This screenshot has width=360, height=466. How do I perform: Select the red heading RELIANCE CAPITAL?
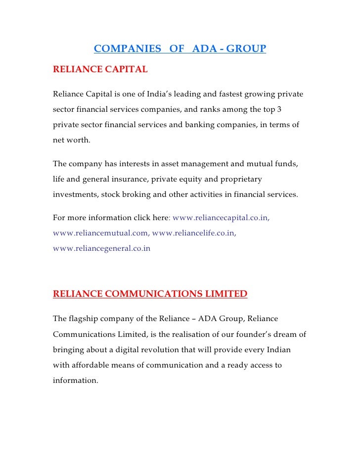[x=100, y=70]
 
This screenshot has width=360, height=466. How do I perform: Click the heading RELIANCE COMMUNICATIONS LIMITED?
[x=150, y=295]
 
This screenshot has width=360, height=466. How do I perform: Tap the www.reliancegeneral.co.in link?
[x=101, y=249]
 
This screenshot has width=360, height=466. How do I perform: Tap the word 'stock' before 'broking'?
[x=112, y=194]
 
